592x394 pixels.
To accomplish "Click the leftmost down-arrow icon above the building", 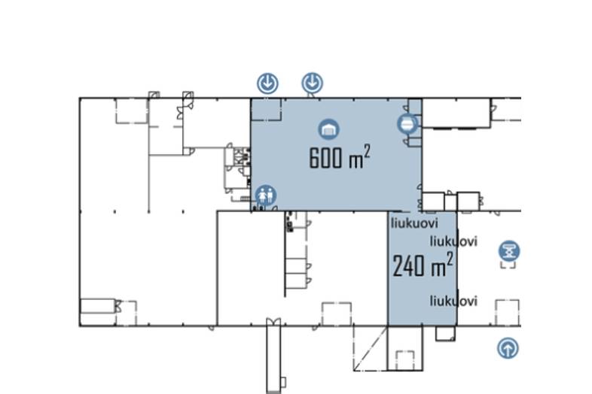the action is (267, 83).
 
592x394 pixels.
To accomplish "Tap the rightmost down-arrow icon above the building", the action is (312, 83).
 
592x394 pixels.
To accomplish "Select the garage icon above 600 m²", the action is (328, 129).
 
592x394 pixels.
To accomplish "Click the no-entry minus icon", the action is (407, 123).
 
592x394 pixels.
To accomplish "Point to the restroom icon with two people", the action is (266, 195).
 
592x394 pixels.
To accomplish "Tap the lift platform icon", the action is (509, 251).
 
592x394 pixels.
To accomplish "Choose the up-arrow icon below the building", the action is (508, 348).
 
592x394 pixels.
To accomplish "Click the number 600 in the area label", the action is (325, 158).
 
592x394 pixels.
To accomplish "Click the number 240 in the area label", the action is (408, 266).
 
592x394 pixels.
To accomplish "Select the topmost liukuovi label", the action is (414, 223).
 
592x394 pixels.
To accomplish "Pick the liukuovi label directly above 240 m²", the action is (453, 241).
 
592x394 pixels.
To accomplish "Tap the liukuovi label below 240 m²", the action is (453, 301).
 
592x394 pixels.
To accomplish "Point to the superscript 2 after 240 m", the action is (450, 259).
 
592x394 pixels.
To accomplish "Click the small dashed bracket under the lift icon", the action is (508, 265).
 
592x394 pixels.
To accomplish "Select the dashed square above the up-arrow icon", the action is (507, 313).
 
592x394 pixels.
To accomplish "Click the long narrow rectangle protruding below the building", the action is (273, 356).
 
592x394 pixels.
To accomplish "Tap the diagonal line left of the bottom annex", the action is (371, 348).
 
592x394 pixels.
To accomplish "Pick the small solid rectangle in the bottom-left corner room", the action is (98, 306).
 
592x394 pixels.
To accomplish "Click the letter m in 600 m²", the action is (356, 161).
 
